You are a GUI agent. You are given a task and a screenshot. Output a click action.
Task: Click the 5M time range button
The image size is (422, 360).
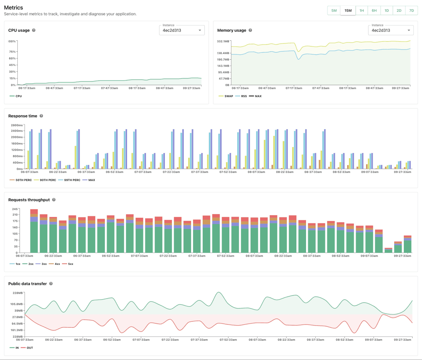334,10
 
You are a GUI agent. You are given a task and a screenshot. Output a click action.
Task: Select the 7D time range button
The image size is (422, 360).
411,10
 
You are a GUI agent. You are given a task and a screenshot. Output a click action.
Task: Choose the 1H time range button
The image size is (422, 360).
362,10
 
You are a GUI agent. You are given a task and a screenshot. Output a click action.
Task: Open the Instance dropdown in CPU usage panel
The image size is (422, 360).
182,30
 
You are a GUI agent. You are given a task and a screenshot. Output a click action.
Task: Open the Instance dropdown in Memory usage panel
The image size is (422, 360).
391,30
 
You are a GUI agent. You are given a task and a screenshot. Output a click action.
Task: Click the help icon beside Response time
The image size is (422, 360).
41,116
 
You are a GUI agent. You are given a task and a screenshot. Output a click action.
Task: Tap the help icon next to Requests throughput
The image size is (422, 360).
54,200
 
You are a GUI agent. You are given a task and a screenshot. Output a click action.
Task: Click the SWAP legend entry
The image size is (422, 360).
226,96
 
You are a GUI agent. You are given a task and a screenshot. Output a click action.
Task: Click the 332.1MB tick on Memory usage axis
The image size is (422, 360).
223,41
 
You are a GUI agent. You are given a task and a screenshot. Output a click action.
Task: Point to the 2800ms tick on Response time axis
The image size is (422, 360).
17,125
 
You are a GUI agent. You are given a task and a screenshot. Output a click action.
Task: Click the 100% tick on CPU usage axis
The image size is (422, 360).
12,41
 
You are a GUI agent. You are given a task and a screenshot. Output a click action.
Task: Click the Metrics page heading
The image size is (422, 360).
13,7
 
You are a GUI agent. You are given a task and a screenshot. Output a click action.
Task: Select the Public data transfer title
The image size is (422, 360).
27,284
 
